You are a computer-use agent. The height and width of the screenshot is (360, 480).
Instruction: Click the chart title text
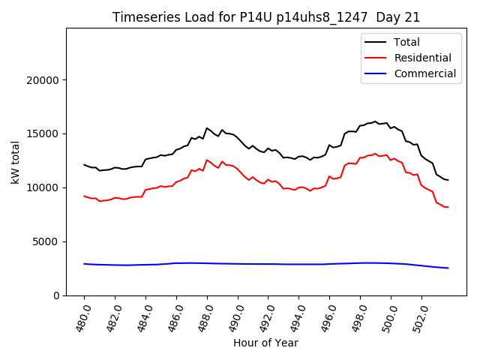point(266,17)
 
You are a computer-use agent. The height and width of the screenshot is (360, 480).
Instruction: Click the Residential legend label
point(422,58)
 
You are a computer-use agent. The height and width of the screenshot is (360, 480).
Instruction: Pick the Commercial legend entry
point(424,73)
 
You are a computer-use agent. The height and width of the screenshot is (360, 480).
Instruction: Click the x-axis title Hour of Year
point(266,343)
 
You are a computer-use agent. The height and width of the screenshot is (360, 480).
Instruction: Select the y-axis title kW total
point(15,162)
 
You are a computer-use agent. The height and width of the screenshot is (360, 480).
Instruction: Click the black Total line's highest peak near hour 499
point(375,121)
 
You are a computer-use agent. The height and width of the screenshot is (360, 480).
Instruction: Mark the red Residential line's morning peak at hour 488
point(207,160)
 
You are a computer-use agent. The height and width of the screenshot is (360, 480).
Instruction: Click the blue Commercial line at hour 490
point(238,264)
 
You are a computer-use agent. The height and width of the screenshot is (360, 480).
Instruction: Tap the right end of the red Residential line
point(448,207)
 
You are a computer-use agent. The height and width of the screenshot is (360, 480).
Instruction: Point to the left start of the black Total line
point(84,165)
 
